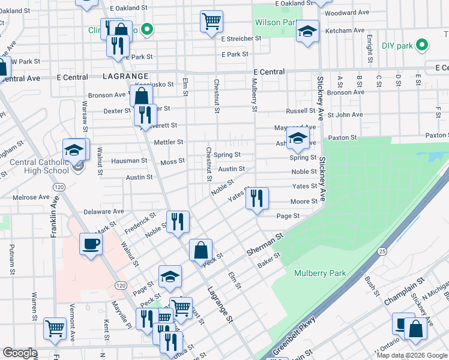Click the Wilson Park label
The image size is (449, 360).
point(277,23)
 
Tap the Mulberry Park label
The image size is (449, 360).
point(320,273)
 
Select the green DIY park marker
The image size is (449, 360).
point(423,45)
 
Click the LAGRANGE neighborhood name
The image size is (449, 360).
point(125,77)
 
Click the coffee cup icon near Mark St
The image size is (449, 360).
point(91,244)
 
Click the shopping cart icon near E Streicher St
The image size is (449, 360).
point(211,22)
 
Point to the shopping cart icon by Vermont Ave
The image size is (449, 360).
point(55,328)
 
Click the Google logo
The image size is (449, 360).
point(20,353)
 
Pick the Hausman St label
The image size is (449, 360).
point(129,161)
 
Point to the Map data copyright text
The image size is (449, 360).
point(412,355)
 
